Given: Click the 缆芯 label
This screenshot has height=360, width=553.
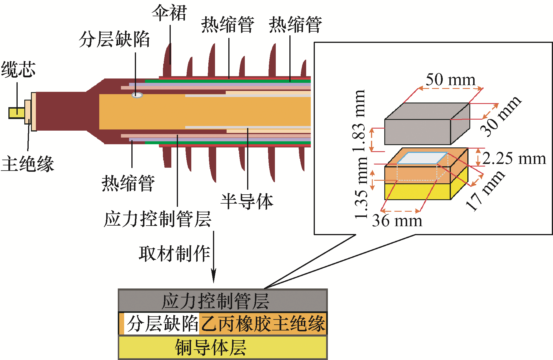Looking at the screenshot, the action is tap(19, 70).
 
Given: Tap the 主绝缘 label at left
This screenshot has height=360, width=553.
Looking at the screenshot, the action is tap(27, 164).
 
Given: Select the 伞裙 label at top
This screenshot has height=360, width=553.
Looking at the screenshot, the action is tap(170, 13).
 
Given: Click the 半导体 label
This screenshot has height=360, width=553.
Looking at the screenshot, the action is tap(247, 202).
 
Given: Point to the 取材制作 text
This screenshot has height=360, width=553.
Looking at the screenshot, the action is tap(174, 254).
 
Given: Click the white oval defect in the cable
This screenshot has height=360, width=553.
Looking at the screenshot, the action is tap(137, 95).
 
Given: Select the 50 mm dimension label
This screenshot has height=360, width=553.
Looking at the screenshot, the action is tap(450, 80).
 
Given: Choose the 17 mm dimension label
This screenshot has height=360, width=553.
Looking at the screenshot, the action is tap(485, 190).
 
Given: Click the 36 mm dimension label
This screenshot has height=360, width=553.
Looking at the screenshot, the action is tap(397, 221).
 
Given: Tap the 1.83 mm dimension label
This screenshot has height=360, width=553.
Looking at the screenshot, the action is tap(359, 121).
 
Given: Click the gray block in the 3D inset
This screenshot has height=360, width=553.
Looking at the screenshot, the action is tap(427, 124).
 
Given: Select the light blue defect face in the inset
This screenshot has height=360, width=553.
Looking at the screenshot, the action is tap(422, 158).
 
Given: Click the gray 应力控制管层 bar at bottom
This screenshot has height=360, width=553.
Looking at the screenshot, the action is tap(223, 301).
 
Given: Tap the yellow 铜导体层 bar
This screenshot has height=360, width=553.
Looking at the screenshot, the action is tap(223, 347).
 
